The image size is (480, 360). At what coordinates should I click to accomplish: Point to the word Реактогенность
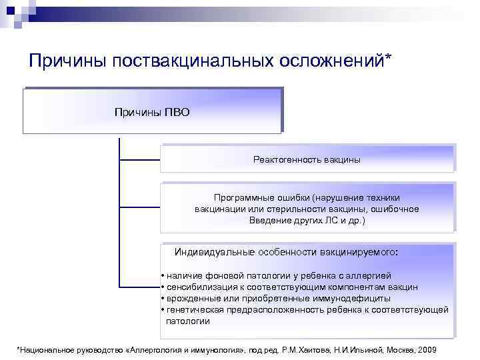coord(287,160)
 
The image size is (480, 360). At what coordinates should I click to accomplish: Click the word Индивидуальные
coord(213,253)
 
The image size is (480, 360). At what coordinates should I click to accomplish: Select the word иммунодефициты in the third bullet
coord(357,298)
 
